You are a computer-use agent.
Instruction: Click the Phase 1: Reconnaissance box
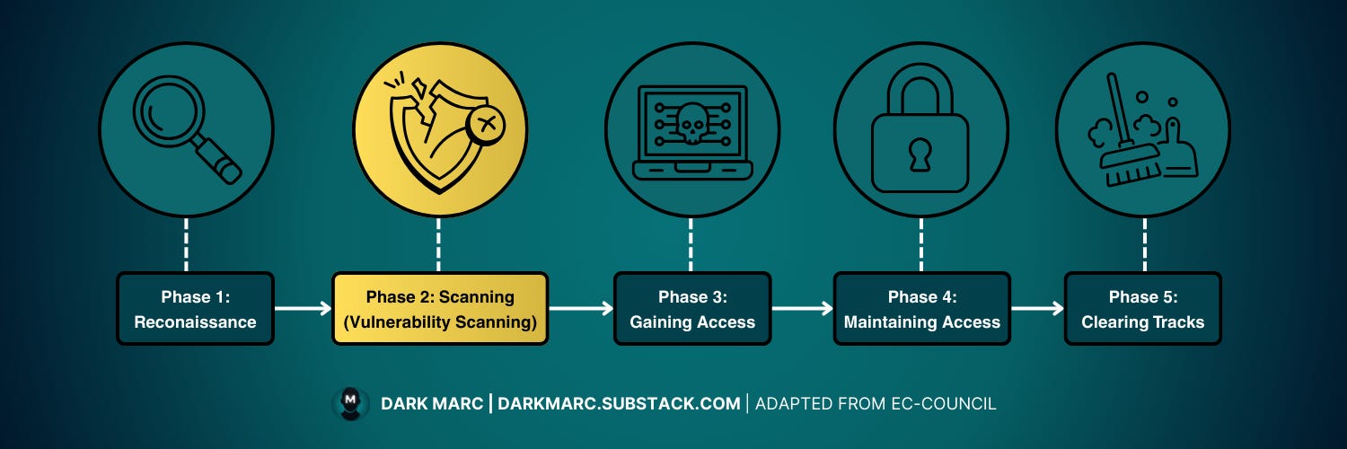point(195,309)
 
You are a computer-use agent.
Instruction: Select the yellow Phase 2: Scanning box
point(440,309)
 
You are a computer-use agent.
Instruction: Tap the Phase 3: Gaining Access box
point(692,309)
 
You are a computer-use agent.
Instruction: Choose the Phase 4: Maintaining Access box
point(921,309)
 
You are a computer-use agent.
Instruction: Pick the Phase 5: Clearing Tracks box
point(1142,309)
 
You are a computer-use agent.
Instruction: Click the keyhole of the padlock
point(920,154)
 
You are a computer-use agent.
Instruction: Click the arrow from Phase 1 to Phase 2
point(303,309)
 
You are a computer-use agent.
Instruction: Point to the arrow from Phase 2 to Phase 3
point(580,309)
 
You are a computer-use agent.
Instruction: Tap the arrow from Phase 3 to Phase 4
point(802,309)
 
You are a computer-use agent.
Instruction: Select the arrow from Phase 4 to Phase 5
point(1037,309)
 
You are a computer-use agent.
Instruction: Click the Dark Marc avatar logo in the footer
point(350,403)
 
